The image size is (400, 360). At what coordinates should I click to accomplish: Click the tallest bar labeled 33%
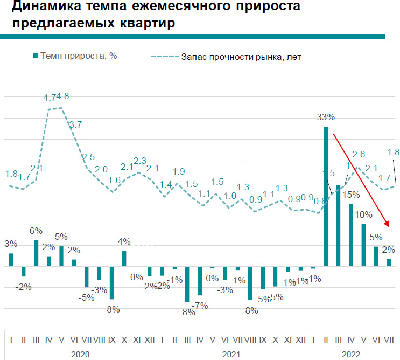pos(325,196)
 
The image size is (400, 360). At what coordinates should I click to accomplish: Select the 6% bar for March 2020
pos(37,253)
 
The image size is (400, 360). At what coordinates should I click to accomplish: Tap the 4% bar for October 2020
pos(124,258)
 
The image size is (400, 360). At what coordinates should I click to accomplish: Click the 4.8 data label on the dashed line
pos(63,97)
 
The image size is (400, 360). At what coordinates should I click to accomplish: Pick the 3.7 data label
pos(75,124)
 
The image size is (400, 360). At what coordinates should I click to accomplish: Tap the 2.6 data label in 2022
pos(359,154)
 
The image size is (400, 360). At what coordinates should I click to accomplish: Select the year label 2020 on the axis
pos(80,354)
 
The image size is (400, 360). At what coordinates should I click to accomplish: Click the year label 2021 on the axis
pos(230,354)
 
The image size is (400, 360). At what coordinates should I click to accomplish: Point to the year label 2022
pos(351,354)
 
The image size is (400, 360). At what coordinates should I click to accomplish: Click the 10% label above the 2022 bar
pos(363,214)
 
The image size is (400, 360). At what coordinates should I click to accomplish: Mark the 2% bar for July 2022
pos(389,262)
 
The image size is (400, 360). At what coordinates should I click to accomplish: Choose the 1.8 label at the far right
pos(393,151)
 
